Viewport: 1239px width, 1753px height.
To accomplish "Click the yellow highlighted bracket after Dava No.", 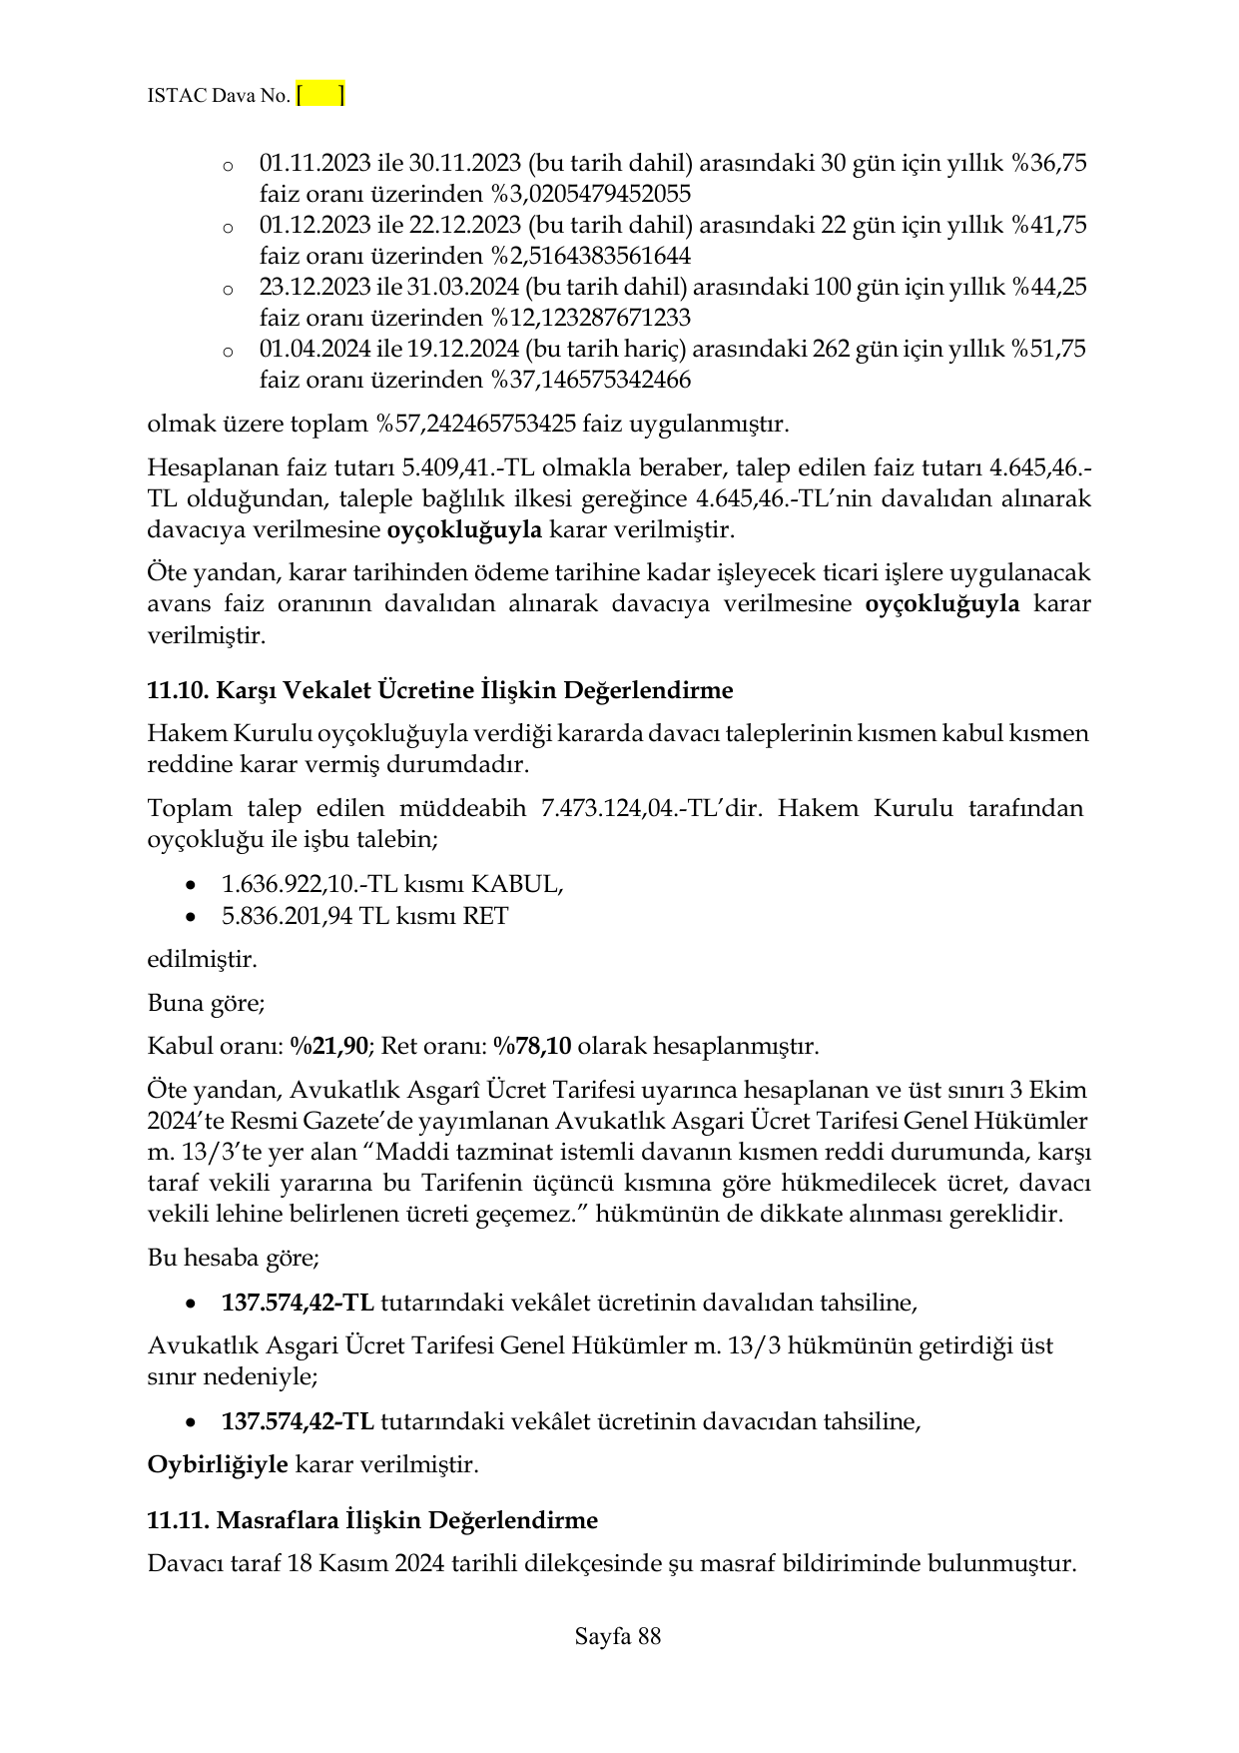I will click(320, 95).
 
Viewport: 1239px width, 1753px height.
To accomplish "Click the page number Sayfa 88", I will click(618, 1636).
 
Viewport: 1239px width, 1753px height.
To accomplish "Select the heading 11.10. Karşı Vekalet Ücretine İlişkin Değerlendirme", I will click(439, 690).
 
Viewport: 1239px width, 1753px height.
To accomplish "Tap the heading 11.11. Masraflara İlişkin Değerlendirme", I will click(371, 1520).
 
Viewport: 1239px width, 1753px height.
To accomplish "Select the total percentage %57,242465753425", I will click(475, 424).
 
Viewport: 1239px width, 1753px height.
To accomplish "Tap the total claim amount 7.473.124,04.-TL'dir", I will click(651, 808).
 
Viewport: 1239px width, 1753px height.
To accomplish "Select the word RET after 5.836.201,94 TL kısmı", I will click(485, 916).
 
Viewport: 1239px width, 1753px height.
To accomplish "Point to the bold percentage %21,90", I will click(329, 1046).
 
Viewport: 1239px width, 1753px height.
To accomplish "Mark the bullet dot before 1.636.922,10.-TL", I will click(192, 885).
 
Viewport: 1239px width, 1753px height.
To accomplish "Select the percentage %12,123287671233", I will click(590, 318).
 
